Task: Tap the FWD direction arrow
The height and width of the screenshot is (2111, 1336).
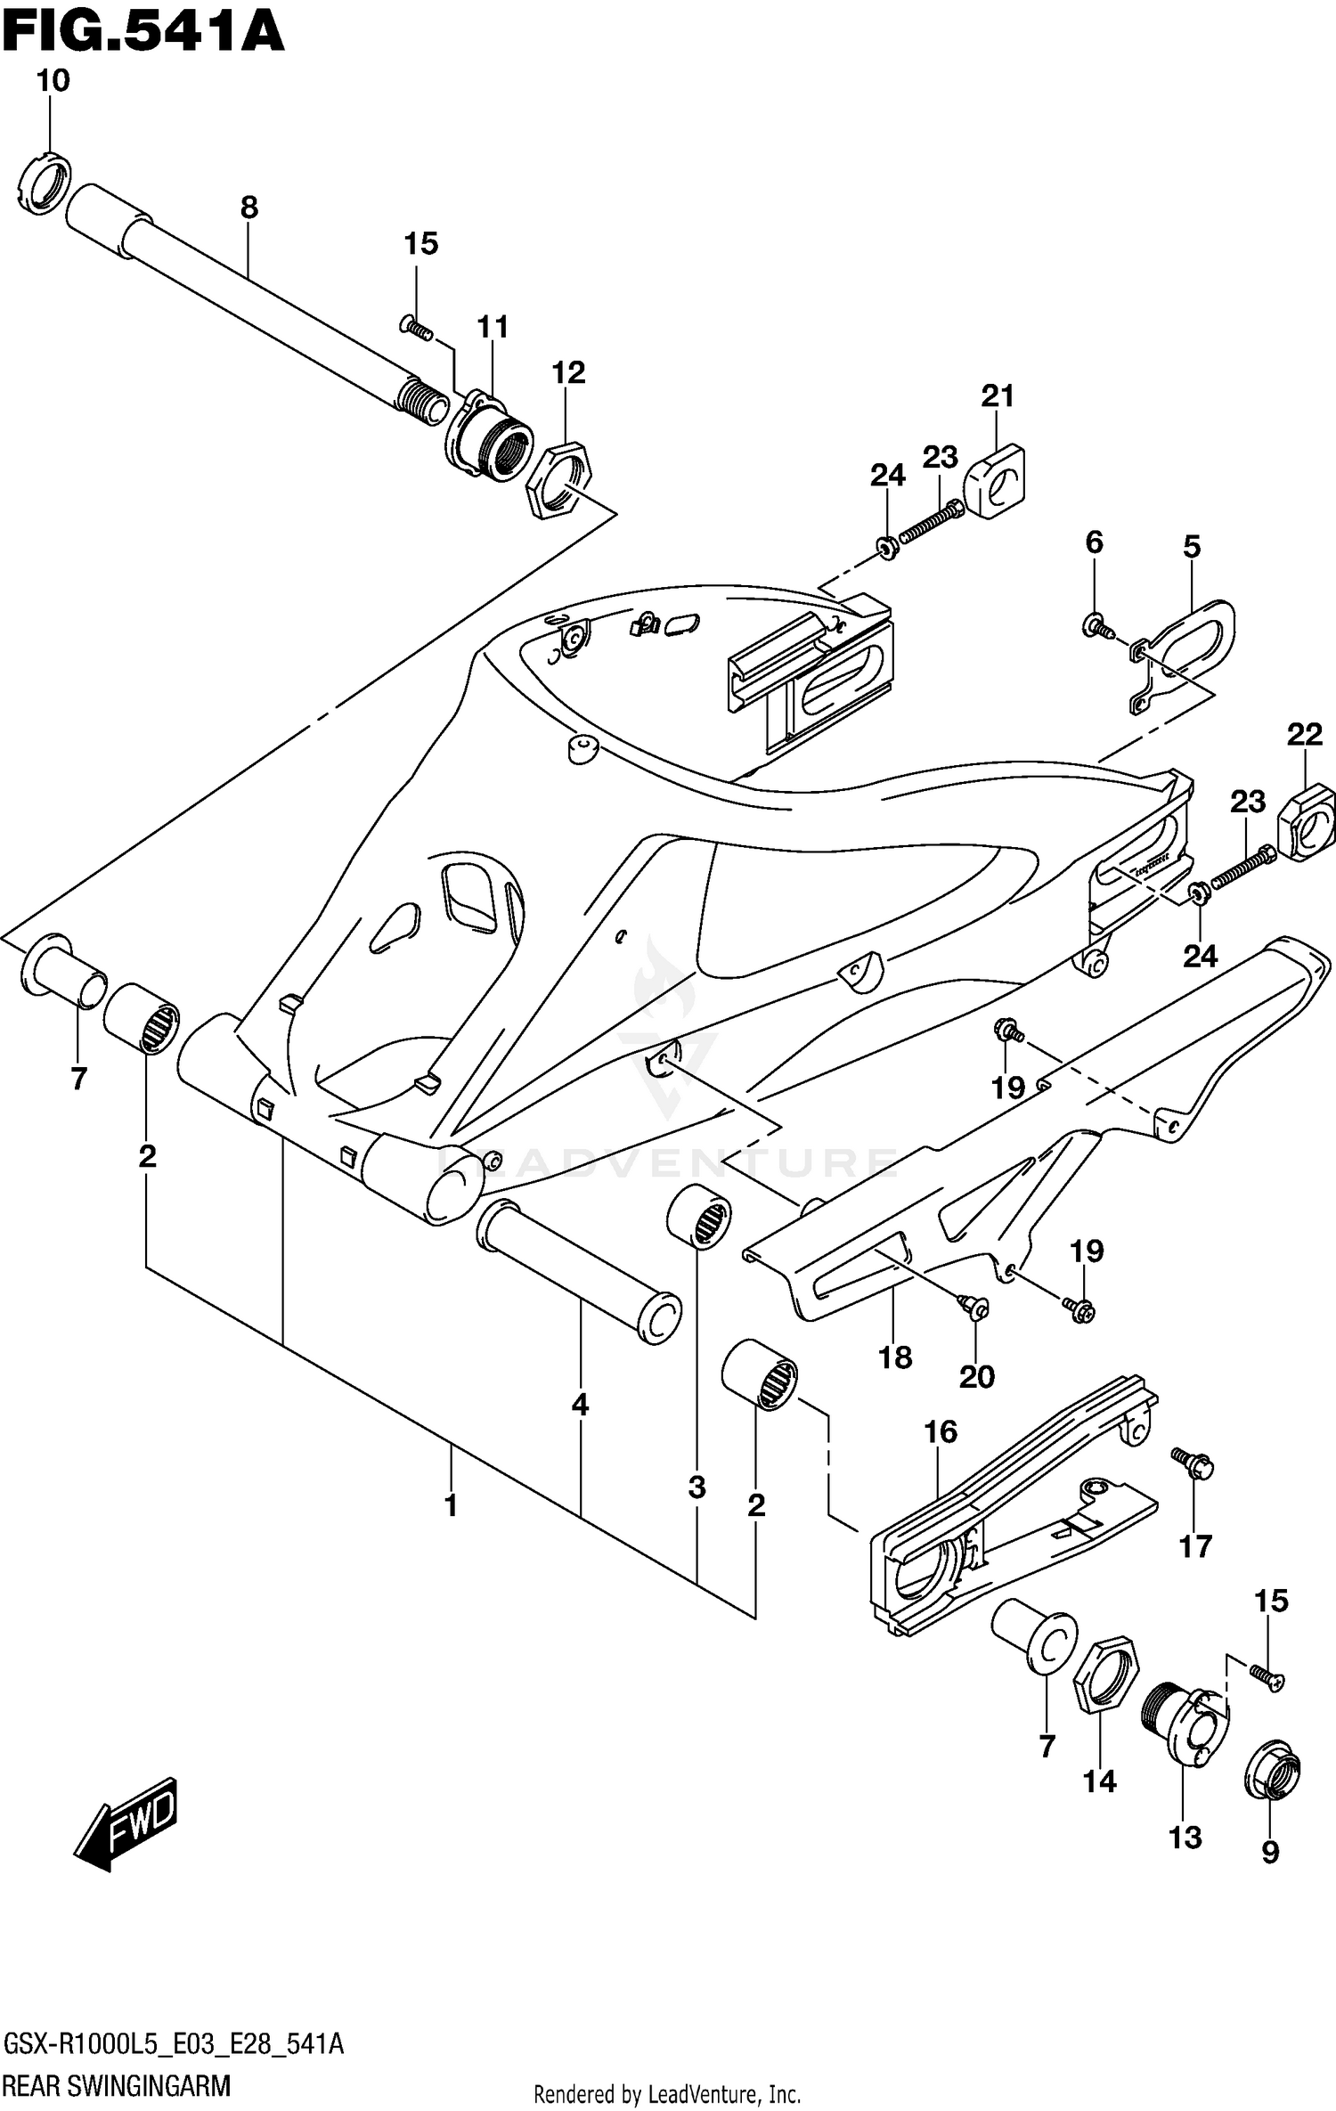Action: click(129, 1822)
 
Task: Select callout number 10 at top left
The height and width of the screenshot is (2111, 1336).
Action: click(53, 81)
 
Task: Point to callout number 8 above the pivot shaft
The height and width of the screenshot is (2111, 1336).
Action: click(249, 208)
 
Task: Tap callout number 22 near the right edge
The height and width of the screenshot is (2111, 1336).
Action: click(1304, 735)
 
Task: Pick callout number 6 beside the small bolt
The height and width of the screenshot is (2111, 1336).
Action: click(1094, 542)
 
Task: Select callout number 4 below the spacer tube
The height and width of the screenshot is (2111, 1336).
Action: click(580, 1406)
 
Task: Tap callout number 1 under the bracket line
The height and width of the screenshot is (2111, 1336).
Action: click(451, 1506)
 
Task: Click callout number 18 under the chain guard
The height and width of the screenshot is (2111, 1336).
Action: click(894, 1357)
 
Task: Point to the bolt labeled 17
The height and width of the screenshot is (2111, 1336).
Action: click(1193, 1462)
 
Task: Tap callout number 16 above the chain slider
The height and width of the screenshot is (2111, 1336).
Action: click(941, 1432)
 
